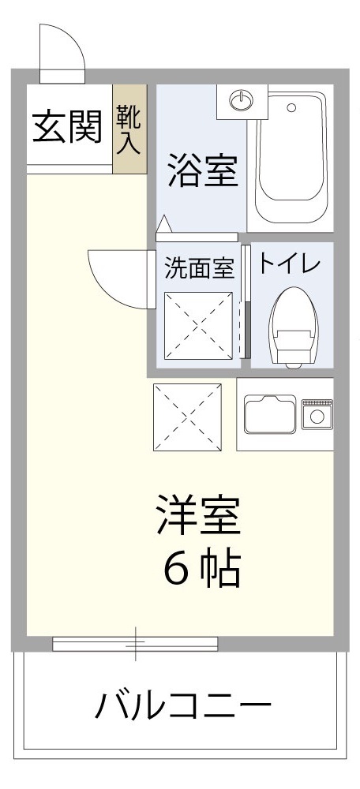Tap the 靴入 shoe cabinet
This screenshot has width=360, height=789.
[x=129, y=129]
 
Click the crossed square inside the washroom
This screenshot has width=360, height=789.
[x=199, y=326]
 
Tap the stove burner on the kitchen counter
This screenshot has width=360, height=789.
[x=319, y=415]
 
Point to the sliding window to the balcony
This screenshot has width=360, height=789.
[x=135, y=643]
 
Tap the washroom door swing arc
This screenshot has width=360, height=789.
[x=118, y=278]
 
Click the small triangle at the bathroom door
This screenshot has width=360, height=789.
[x=163, y=226]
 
